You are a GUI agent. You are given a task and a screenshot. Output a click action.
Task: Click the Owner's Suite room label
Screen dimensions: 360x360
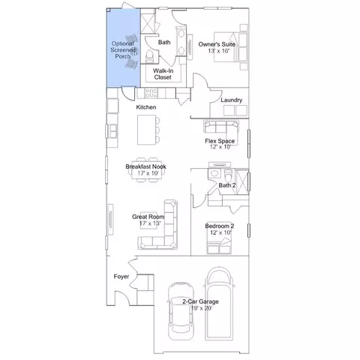tap(217, 44)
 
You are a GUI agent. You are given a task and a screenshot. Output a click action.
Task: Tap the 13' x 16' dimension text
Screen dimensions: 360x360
tap(219, 51)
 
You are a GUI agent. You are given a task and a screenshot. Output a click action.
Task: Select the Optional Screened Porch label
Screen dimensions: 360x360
tap(123, 49)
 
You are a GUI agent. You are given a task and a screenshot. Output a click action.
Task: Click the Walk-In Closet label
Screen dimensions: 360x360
tap(163, 74)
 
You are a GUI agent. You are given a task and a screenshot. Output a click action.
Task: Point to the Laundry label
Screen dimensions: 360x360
tap(232, 100)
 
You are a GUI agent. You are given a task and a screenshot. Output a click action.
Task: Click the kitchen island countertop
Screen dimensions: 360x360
tap(147, 130)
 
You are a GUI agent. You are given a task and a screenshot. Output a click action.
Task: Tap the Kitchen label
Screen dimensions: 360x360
tap(146, 107)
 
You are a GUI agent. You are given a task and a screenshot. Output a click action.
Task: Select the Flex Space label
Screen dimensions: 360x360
tap(220, 141)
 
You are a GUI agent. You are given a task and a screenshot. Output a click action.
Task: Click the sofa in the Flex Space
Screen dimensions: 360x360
tap(221, 126)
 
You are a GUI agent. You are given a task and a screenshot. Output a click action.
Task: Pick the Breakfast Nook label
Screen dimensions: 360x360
tap(145, 166)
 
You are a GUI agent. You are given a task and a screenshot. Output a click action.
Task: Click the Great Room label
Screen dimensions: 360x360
tap(148, 217)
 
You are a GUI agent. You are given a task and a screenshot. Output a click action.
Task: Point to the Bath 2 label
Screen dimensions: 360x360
tap(227, 185)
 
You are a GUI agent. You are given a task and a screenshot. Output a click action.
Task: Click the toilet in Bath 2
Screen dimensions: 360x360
tap(228, 175)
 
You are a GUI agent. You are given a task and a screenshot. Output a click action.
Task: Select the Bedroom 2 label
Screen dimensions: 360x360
tap(220, 226)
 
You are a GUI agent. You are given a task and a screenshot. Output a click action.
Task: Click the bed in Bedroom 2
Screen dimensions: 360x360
tap(219, 245)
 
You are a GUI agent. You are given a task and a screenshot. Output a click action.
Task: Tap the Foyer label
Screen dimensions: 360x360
tap(121, 277)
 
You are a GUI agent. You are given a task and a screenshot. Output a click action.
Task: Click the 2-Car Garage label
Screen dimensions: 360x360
tap(200, 301)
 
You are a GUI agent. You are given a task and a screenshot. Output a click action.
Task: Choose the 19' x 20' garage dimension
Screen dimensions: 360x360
tap(201, 308)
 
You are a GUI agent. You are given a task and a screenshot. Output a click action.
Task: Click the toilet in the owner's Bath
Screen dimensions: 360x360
tap(149, 56)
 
